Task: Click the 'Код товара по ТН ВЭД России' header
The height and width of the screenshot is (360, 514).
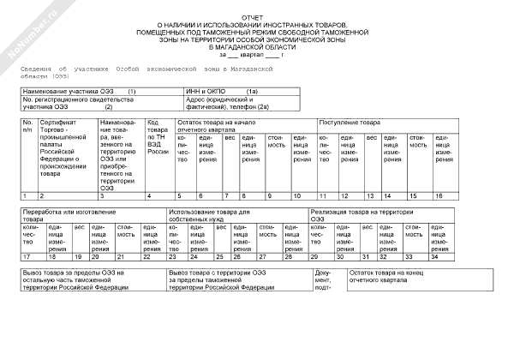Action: point(158,137)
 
